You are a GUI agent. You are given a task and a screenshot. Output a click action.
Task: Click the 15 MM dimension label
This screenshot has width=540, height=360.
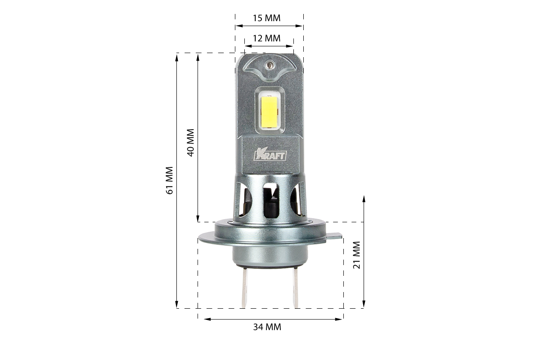266,18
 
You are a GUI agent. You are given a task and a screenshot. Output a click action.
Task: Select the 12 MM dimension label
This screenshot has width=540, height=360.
266,38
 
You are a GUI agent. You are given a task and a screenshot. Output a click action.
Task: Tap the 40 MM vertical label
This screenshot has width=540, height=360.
191,143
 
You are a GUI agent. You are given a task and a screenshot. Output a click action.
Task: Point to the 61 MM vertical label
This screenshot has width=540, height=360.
170,180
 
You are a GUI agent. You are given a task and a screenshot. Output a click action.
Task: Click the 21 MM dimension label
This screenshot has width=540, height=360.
356,255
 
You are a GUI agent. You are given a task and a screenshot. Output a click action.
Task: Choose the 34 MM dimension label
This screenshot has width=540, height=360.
267,327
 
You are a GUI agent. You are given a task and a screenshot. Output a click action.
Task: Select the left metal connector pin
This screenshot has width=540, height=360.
244,288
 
